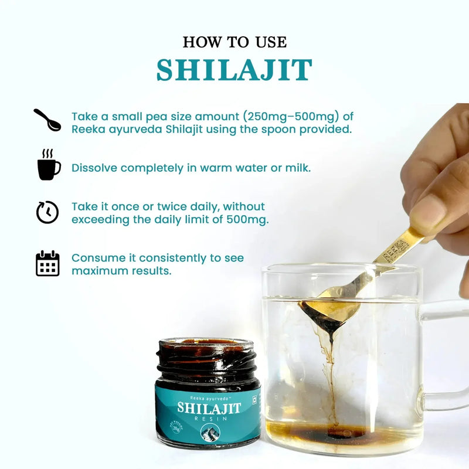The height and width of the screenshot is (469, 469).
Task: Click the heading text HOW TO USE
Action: [234, 42]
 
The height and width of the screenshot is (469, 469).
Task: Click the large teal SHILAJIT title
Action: [234, 70]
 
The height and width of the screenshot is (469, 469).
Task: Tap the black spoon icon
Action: [47, 120]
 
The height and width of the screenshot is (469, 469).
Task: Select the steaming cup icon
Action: [48, 165]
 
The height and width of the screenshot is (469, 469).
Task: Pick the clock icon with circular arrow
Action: [47, 212]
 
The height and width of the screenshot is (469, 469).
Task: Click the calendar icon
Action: [47, 263]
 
